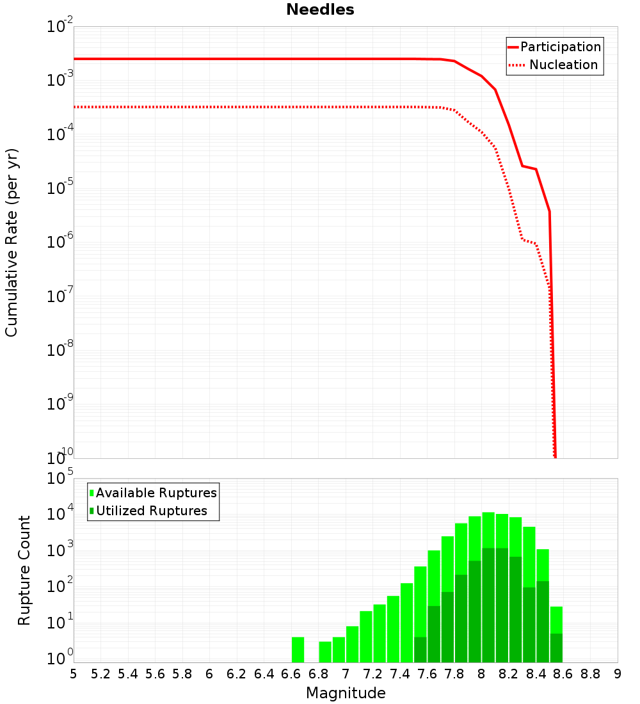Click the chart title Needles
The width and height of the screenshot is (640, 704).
coord(320,10)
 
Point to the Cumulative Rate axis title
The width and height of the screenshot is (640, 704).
coord(12,242)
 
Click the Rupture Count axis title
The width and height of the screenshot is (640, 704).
coord(24,570)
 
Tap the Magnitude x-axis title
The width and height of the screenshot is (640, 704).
coord(346,692)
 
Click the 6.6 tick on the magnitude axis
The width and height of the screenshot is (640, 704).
coord(291,674)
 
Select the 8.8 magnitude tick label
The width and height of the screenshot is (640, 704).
coord(591,674)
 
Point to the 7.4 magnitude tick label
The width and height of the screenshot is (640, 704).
coord(400,674)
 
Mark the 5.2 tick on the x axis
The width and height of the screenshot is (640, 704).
coord(100,674)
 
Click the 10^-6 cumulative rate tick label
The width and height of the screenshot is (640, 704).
coord(60,241)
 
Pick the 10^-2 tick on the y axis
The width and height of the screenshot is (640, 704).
coord(60,26)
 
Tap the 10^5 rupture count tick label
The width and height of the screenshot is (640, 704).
coord(61,478)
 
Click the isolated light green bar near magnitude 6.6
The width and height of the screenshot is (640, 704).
coord(298,650)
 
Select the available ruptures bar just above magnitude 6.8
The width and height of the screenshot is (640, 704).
coord(325,652)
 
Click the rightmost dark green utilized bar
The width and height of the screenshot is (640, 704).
coord(556,648)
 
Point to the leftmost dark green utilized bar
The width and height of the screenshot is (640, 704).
coord(420,650)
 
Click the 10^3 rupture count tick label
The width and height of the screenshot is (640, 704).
coord(61,551)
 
